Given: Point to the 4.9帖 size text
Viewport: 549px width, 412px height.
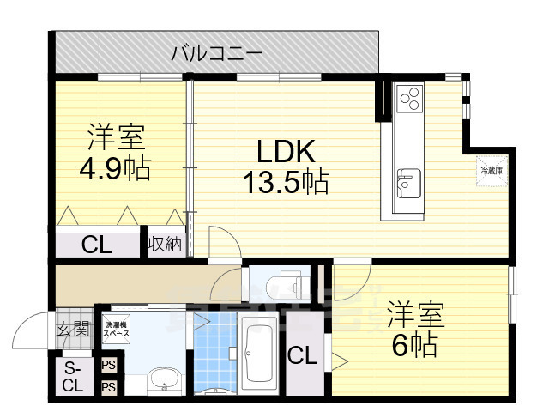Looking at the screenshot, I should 115,167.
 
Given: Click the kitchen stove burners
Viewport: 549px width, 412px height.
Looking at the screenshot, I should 409,97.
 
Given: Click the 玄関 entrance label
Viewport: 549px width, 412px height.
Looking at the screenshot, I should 73,327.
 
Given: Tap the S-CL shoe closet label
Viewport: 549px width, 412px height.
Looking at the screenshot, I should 73,377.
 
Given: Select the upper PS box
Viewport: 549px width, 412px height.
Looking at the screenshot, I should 109,365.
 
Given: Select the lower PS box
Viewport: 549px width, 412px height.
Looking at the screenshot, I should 109,387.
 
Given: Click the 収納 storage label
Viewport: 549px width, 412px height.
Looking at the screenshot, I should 165,245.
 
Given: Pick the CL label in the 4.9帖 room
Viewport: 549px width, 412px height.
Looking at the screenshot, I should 97,245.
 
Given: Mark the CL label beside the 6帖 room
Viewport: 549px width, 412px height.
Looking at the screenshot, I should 300,354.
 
